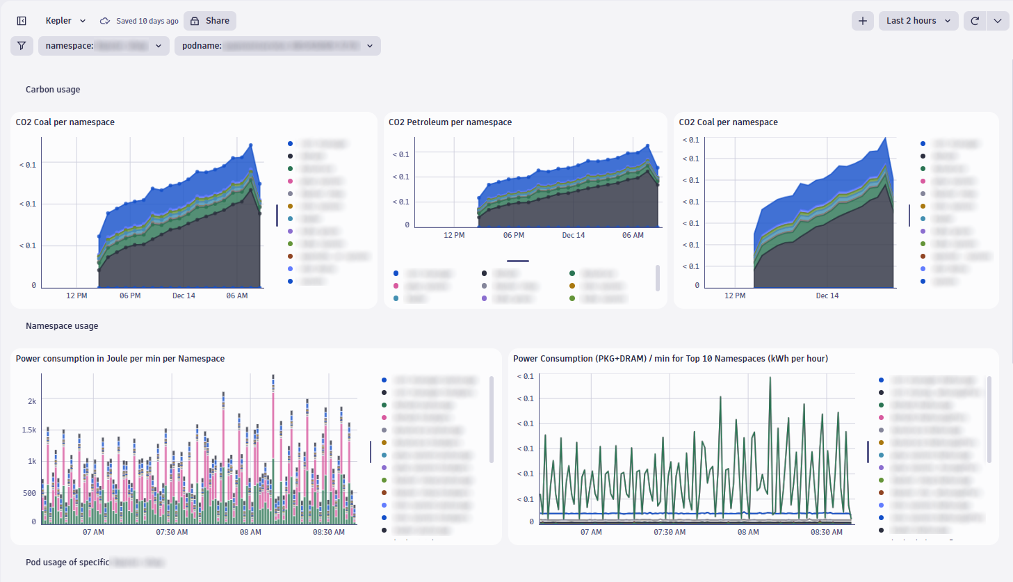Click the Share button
210,21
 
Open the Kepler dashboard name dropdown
65,21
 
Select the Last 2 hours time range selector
918,21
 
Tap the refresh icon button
975,21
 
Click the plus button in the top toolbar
862,21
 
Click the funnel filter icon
22,46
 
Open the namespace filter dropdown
104,46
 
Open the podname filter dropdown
277,46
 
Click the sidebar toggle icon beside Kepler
22,21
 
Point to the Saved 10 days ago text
147,21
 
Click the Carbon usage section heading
53,90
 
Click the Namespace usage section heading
62,326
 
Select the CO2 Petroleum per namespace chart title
450,122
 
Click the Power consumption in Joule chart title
120,359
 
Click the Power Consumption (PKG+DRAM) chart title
670,359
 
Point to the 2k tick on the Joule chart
32,401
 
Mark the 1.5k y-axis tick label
29,430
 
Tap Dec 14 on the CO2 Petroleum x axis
574,236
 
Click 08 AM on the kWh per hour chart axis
748,533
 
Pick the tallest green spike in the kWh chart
770,378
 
